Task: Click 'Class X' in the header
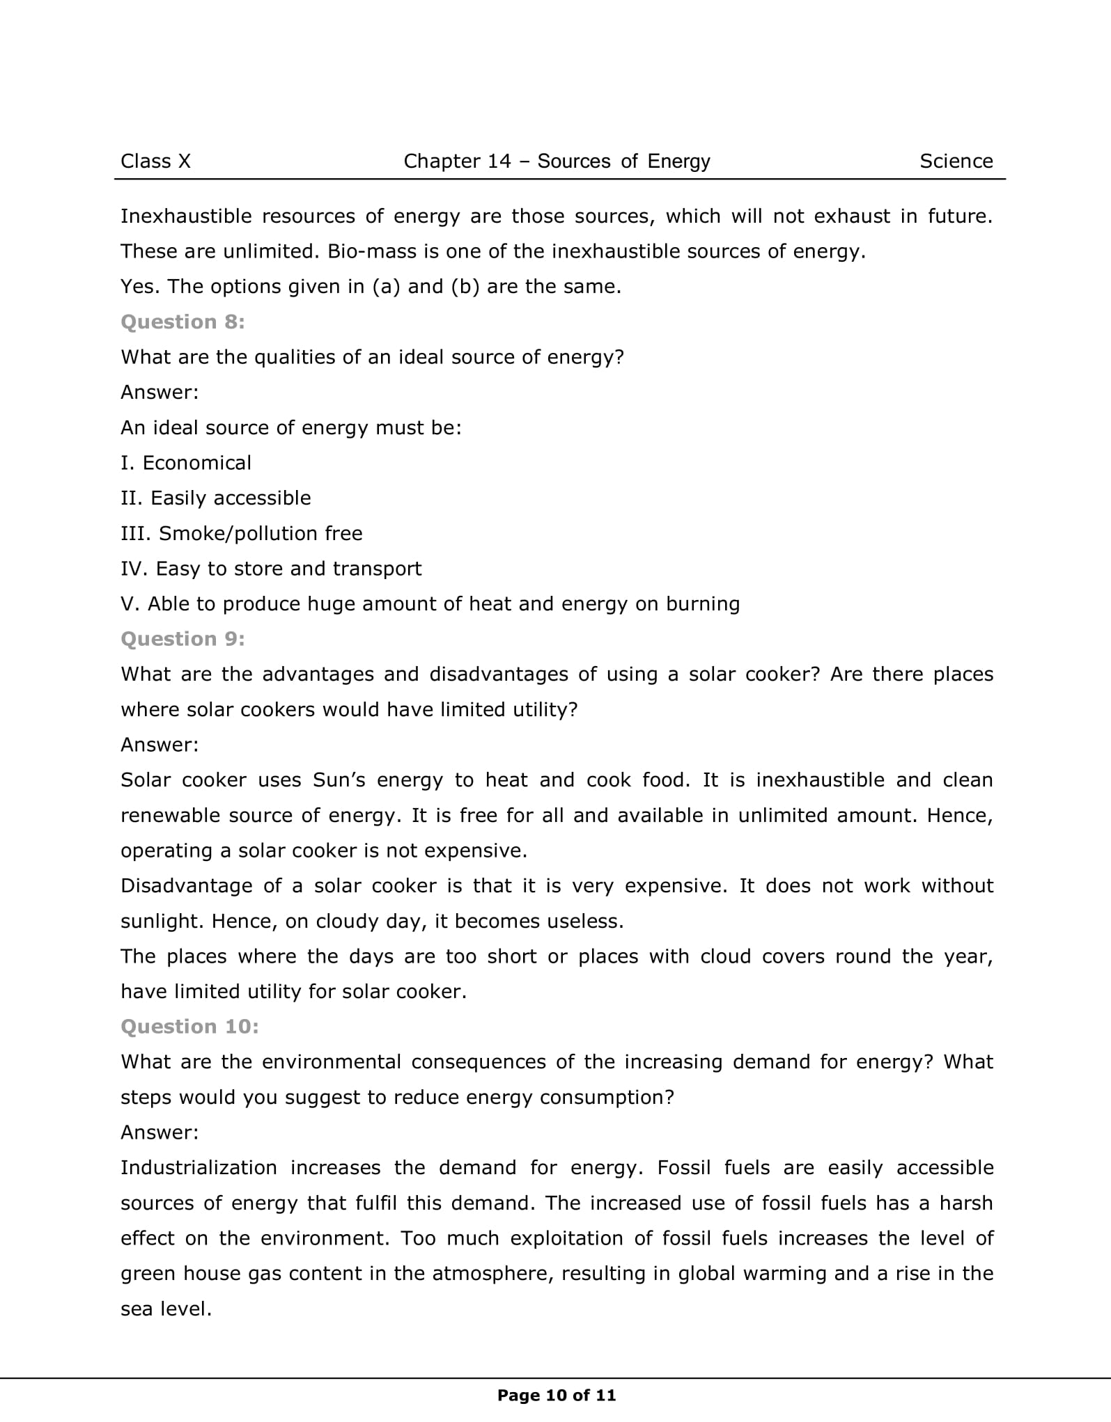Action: click(155, 161)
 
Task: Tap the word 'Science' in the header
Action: click(956, 161)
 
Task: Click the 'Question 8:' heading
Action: click(182, 322)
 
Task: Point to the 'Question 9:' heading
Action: click(182, 639)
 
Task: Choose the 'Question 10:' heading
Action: click(189, 1027)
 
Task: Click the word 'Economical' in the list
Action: click(196, 463)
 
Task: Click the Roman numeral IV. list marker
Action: click(134, 569)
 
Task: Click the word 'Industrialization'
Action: click(199, 1167)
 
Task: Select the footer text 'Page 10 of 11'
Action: click(557, 1395)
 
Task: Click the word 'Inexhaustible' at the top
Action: click(186, 216)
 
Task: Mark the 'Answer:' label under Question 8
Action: click(160, 393)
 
